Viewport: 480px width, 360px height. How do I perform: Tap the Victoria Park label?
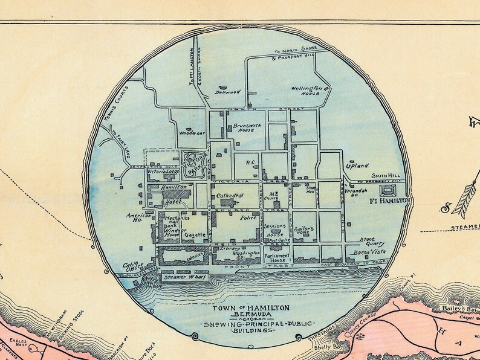tap(198, 164)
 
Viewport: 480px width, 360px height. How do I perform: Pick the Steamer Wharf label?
tap(184, 277)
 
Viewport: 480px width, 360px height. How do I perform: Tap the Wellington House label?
tap(306, 91)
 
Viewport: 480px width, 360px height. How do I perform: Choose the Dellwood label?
tap(227, 92)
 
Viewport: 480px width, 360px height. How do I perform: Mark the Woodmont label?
tap(193, 132)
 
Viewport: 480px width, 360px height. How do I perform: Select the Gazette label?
tap(196, 234)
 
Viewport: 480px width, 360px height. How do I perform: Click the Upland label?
tap(356, 165)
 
